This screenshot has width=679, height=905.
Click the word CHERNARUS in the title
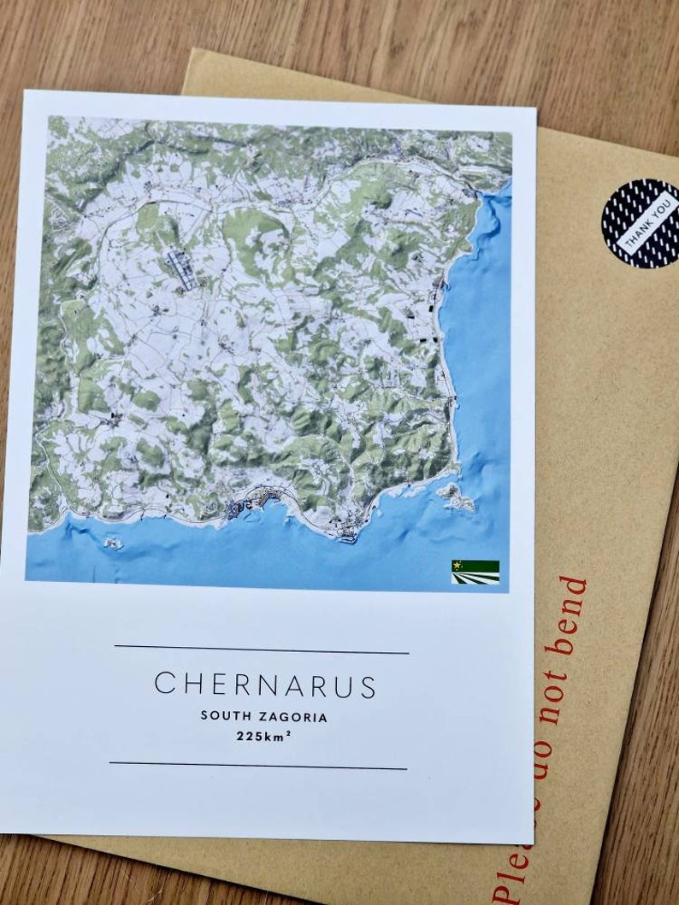point(264,685)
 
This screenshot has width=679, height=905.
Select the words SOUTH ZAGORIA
point(263,716)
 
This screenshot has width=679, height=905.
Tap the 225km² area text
point(264,735)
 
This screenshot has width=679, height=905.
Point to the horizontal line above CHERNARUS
point(261,649)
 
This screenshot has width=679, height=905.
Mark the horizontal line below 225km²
point(257,766)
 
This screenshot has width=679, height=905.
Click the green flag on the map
point(475,572)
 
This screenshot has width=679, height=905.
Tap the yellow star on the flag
point(458,566)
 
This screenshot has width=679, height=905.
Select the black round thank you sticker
point(641,223)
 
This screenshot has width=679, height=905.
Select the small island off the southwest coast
point(110,543)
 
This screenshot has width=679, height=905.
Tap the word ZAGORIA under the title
point(295,716)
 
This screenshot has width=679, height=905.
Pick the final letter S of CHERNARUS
point(368,685)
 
